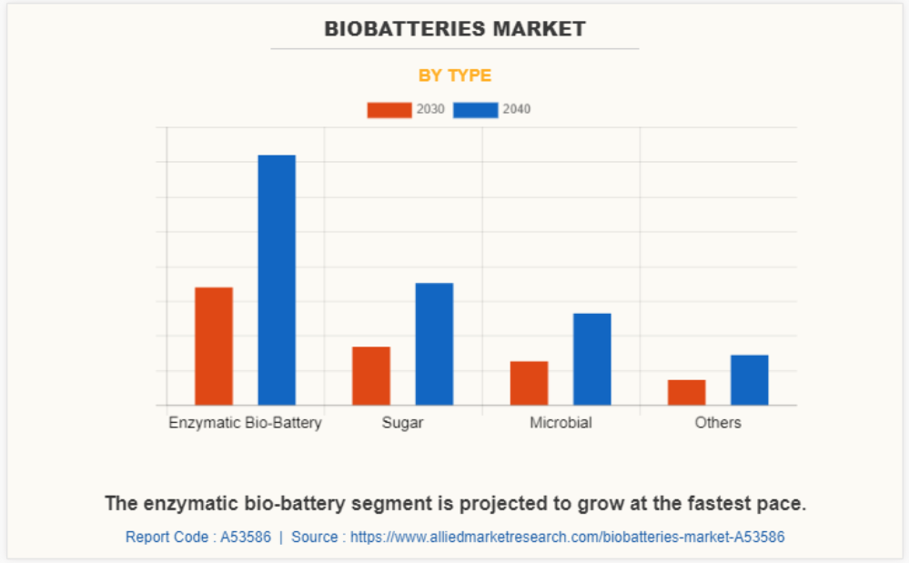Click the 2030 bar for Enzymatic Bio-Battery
[x=214, y=346]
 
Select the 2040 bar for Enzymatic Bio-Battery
[x=277, y=280]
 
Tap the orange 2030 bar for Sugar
[x=371, y=376]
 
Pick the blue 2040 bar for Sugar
[x=434, y=344]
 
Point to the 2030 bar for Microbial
[x=529, y=383]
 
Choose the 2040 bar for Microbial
[x=591, y=359]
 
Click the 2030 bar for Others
[x=686, y=392]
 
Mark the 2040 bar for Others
[x=749, y=379]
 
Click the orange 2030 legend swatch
[x=389, y=110]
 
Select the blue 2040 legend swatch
[x=476, y=110]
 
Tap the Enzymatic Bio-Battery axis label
[x=245, y=423]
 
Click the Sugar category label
[x=402, y=423]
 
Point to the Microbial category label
[x=561, y=423]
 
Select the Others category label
[x=718, y=423]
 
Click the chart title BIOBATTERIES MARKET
[x=455, y=29]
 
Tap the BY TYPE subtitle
[x=455, y=75]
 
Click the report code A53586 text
[x=198, y=537]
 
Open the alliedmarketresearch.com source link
[x=567, y=537]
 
